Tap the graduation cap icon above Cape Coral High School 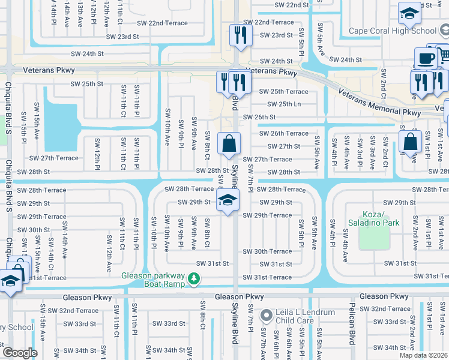[x=409, y=13]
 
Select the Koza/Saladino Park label [x=373, y=218]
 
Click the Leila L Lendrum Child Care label [x=295, y=316]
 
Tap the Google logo [x=20, y=353]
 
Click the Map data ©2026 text [x=424, y=355]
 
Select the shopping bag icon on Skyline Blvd [x=229, y=144]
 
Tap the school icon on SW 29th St [x=228, y=200]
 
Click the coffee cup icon [x=426, y=59]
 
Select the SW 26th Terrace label [x=283, y=133]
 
